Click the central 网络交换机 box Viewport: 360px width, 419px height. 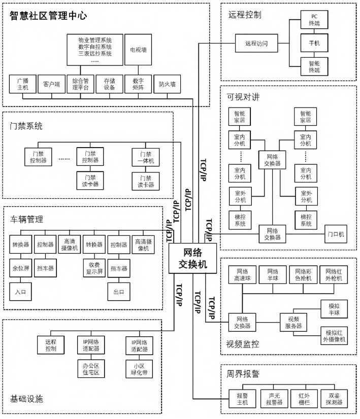coord(193,259)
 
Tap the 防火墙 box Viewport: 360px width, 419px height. coord(167,84)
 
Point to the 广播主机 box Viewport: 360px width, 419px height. coord(22,84)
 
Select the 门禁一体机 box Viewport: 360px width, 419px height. coord(142,157)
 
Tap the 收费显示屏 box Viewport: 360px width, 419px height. coord(94,268)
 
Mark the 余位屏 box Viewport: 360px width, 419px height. coord(20,268)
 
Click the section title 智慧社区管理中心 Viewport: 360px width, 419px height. coord(48,16)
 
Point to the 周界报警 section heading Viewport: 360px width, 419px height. coord(243,374)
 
